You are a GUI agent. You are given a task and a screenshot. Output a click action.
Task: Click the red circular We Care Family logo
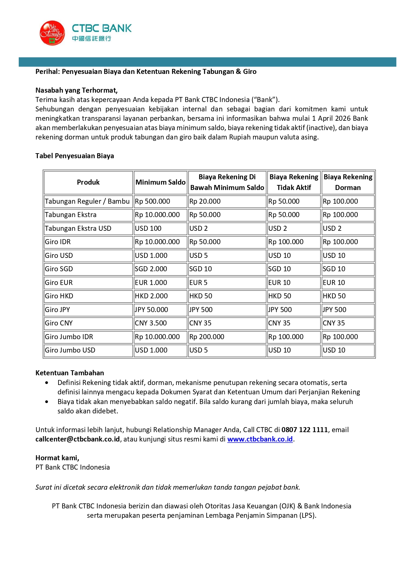pos(52,33)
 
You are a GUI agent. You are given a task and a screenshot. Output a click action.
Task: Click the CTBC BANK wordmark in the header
pos(102,28)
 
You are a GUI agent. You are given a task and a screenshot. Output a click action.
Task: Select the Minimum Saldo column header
pos(160,182)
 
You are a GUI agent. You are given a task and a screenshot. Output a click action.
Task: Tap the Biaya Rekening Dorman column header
pos(348,182)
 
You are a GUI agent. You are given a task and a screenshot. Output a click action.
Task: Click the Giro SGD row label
pos(59,269)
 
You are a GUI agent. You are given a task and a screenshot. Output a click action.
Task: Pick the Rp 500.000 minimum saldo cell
pos(152,201)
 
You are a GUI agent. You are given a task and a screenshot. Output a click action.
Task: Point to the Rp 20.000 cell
pos(205,201)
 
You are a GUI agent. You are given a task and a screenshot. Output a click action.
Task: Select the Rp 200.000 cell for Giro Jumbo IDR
pos(207,337)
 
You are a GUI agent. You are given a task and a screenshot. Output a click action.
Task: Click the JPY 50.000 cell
pos(151,310)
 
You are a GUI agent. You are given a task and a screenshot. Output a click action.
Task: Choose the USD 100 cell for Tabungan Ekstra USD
pos(148,228)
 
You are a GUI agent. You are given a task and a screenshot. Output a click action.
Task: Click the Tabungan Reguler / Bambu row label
pos(87,201)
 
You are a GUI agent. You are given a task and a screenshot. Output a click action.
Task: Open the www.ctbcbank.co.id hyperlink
pos(260,439)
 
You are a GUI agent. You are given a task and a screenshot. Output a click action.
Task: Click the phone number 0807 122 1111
pos(305,430)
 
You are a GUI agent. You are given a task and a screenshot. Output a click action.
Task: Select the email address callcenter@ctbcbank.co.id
pos(78,439)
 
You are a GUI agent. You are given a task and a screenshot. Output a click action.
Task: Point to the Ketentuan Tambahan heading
pos(70,373)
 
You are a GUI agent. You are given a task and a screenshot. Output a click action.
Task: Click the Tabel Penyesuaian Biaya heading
pos(75,156)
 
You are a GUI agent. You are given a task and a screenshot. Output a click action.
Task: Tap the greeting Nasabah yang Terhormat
pos(77,90)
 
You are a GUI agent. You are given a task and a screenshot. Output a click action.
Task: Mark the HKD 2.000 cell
pos(150,296)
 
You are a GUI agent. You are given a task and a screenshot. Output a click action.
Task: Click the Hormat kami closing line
pos(57,458)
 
